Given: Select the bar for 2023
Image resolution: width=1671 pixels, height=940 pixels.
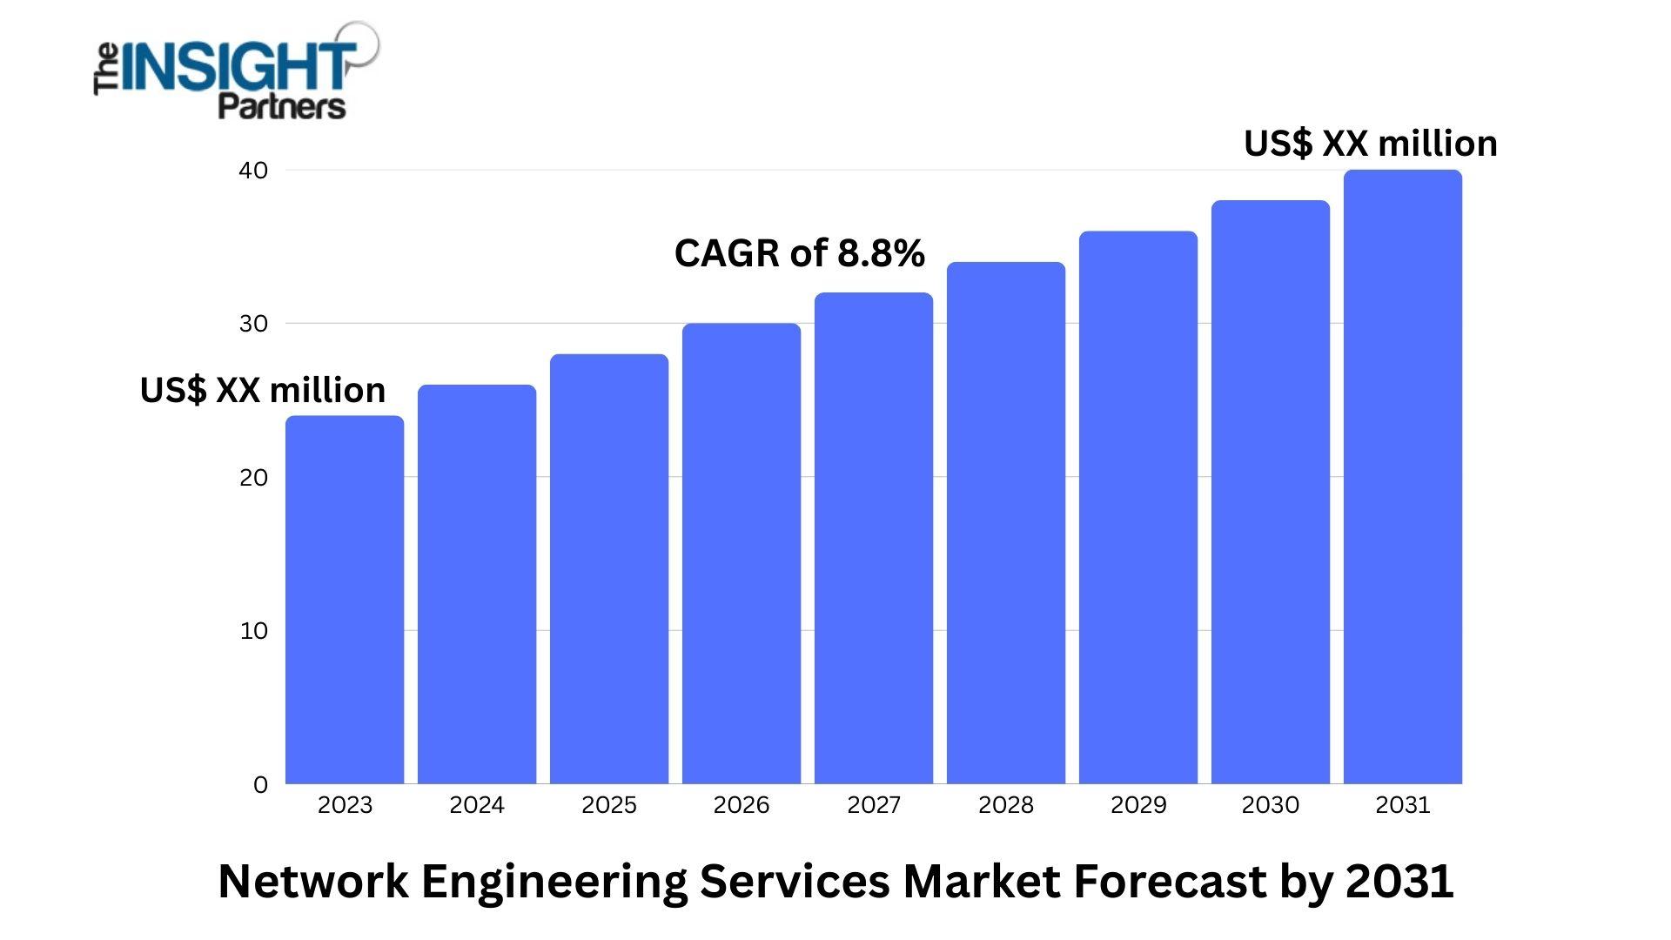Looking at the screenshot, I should [x=345, y=601].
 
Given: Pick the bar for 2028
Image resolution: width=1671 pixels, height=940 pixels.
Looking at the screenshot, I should [x=1006, y=522].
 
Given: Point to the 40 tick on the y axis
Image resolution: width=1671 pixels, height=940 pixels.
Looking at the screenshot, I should [x=253, y=171].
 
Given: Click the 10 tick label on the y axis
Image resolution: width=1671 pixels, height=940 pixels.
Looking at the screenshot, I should [x=253, y=631].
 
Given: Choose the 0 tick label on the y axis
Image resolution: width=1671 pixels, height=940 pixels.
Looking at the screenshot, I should [x=260, y=785].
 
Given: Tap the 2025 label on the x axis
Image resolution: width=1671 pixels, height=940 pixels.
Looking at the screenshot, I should [x=609, y=805].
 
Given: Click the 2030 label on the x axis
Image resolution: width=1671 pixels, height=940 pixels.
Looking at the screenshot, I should [x=1271, y=805].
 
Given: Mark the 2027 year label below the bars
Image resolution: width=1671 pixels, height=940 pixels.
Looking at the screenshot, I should [x=874, y=805].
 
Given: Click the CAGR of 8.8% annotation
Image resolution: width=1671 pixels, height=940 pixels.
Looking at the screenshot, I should [x=799, y=253].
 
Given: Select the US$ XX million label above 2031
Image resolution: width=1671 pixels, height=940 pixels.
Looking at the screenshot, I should [x=1370, y=144].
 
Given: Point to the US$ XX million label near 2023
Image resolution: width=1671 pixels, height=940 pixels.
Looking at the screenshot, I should [x=262, y=390].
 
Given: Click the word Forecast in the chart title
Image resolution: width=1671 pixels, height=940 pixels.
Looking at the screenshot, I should [x=1170, y=881].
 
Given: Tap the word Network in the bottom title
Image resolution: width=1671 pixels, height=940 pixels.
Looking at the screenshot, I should [x=313, y=881].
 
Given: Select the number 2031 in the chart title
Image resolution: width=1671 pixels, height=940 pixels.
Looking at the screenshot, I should [x=1399, y=881].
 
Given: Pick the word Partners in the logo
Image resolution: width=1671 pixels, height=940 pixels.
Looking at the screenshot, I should [x=281, y=107].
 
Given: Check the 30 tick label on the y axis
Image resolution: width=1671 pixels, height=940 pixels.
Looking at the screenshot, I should [x=253, y=324].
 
